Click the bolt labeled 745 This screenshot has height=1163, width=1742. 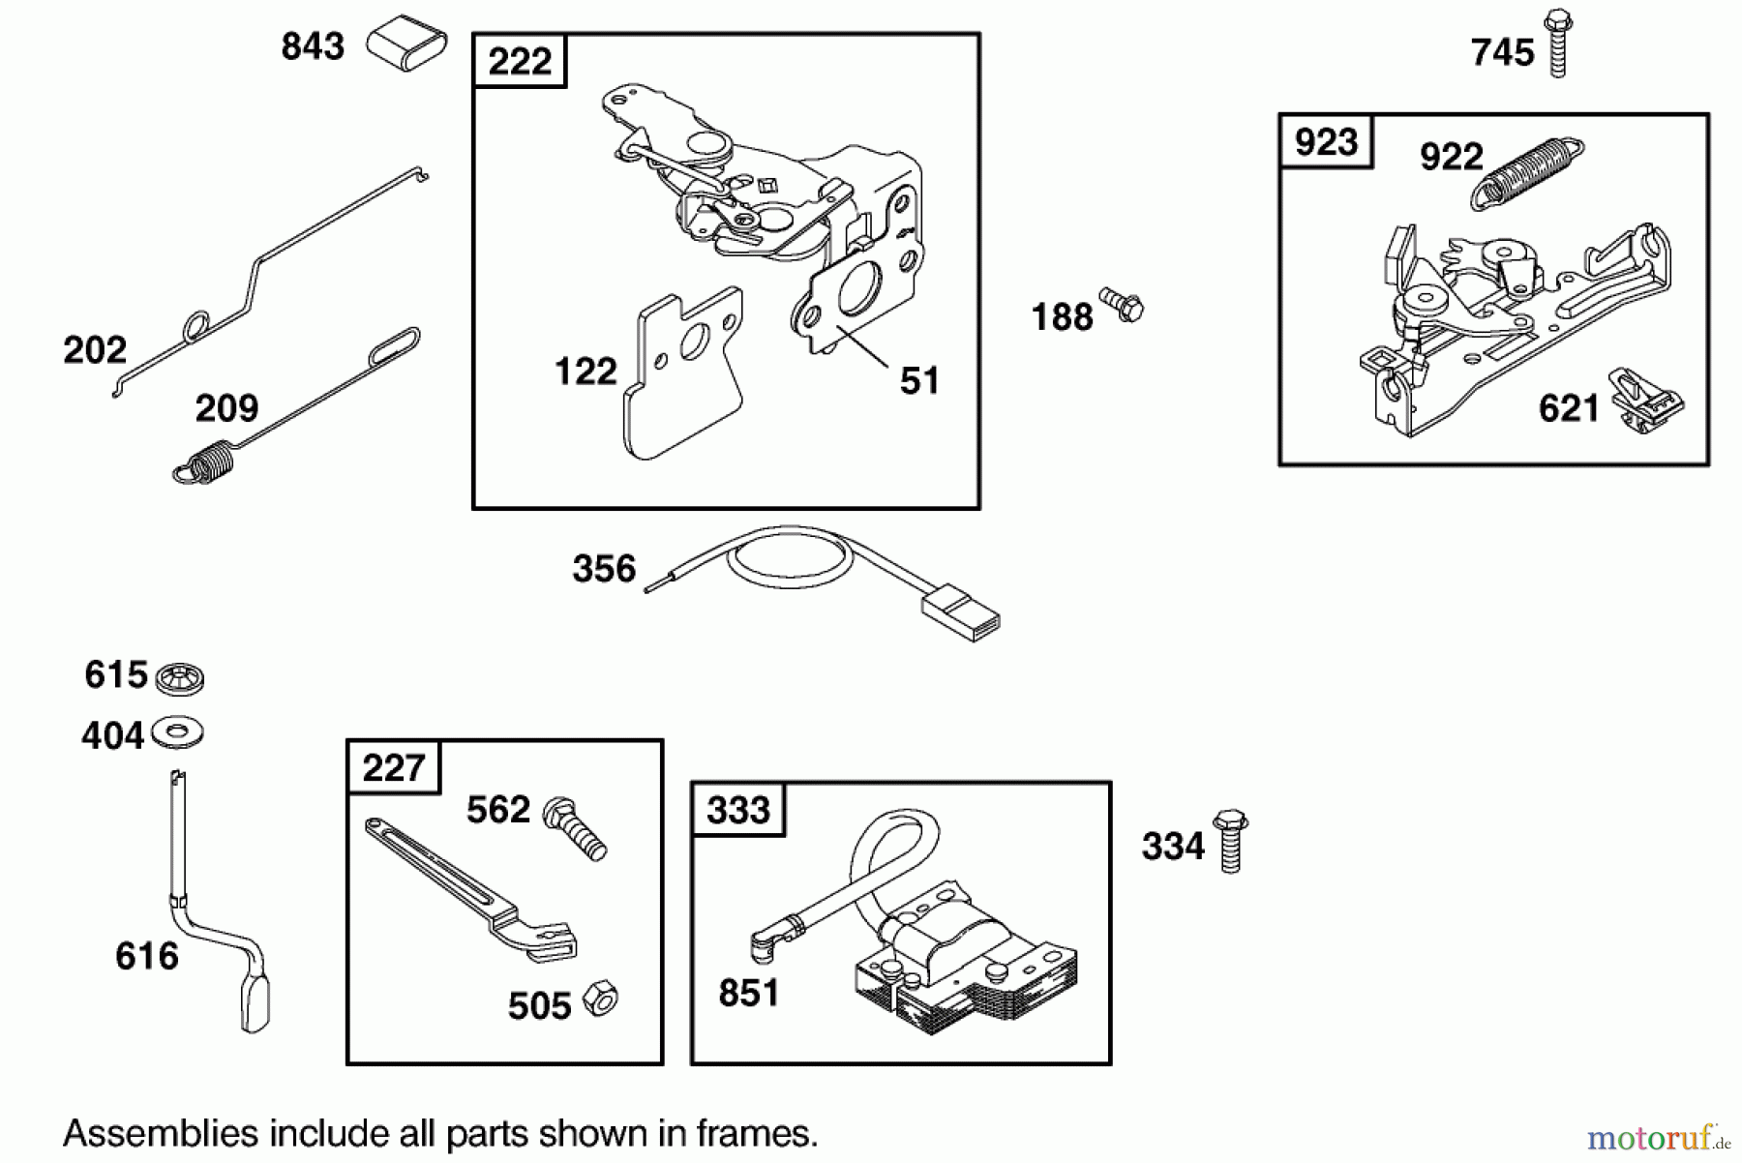coord(1557,44)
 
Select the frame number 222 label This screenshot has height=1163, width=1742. coord(520,62)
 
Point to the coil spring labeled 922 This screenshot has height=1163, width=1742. coord(1526,172)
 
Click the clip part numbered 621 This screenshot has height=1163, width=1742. coord(1646,401)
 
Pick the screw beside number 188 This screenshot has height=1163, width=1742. coord(1122,306)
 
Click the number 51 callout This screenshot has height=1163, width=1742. coord(918,381)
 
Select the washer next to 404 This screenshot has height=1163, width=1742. coord(178,732)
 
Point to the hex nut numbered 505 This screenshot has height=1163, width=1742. coord(601,999)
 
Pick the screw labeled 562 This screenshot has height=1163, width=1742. coord(575,828)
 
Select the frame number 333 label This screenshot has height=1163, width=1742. coord(737,810)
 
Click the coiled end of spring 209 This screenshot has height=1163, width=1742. coord(205,462)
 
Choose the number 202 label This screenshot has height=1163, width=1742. coord(95,349)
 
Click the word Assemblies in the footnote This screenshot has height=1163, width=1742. coord(161,1133)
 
